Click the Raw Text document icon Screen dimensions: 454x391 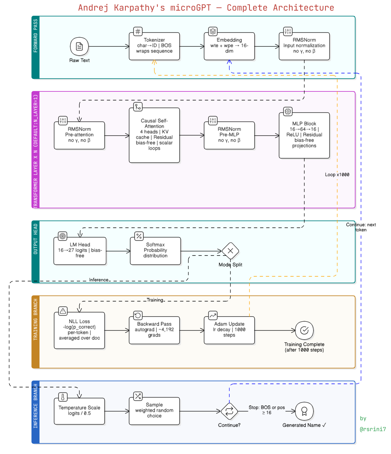pyautogui.click(x=79, y=46)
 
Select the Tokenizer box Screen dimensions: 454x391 pyautogui.click(x=154, y=46)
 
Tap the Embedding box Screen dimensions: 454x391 pyautogui.click(x=229, y=46)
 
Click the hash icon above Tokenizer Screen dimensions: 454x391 pyautogui.click(x=138, y=31)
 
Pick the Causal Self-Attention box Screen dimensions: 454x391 pyautogui.click(x=154, y=135)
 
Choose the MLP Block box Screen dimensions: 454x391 pyautogui.click(x=304, y=135)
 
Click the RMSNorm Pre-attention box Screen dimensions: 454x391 pyautogui.click(x=79, y=135)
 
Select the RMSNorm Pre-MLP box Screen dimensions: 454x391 pyautogui.click(x=229, y=135)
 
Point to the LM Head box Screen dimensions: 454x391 pyautogui.click(x=80, y=251)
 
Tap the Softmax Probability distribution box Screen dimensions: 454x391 pyautogui.click(x=155, y=251)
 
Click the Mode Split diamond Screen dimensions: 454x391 pyautogui.click(x=230, y=251)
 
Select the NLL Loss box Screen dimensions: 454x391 pyautogui.click(x=79, y=330)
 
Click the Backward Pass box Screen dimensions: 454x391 pyautogui.click(x=154, y=330)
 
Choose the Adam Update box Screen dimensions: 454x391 pyautogui.click(x=229, y=330)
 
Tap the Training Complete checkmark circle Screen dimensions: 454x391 pyautogui.click(x=304, y=330)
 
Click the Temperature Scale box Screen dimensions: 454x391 pyautogui.click(x=79, y=411)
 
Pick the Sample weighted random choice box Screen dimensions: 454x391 pyautogui.click(x=154, y=411)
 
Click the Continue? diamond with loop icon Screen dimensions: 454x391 pyautogui.click(x=229, y=411)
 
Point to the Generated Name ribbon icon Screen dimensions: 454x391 pyautogui.click(x=304, y=411)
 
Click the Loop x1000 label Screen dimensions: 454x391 pyautogui.click(x=337, y=175)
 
